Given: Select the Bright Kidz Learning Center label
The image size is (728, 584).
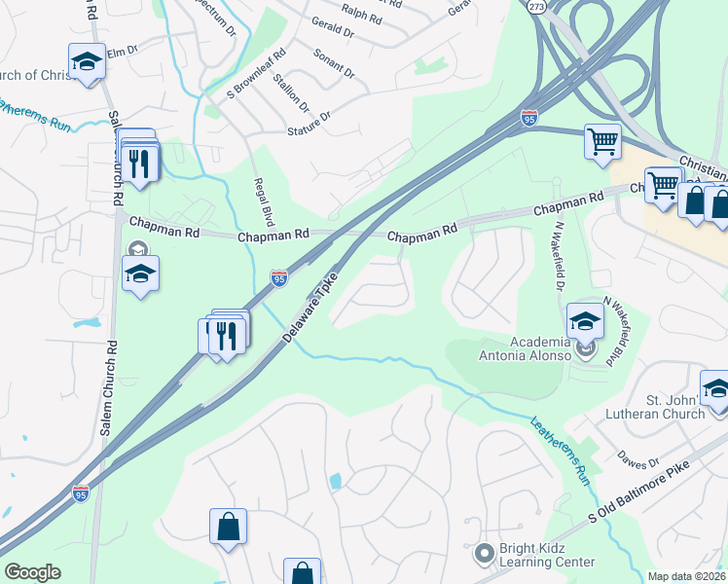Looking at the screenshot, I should (x=546, y=555).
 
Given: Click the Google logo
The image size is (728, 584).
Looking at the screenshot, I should (x=32, y=572).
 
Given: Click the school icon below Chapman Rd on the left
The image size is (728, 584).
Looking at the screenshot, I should (x=140, y=274).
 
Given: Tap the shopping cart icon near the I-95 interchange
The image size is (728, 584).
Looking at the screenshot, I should (x=602, y=140).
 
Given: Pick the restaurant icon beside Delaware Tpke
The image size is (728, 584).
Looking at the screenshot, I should (x=227, y=336).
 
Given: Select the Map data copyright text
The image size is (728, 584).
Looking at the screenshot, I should (x=686, y=576).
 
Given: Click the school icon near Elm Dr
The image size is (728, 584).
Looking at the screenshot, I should (x=87, y=61).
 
